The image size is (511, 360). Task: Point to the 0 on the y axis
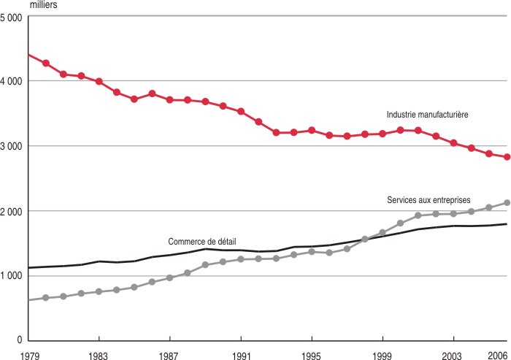(x=19, y=340)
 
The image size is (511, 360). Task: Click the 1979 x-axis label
(x=28, y=354)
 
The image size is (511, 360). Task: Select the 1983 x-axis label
(x=99, y=354)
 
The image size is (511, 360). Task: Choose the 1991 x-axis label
(x=241, y=354)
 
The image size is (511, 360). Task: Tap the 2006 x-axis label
(x=499, y=354)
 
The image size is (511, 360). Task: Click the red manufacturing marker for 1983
(x=99, y=81)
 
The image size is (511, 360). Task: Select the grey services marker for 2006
(x=507, y=203)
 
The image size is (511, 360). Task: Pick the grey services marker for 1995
(x=312, y=251)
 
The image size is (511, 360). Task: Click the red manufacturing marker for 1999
(x=383, y=134)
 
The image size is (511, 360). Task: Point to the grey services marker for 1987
(x=169, y=277)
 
